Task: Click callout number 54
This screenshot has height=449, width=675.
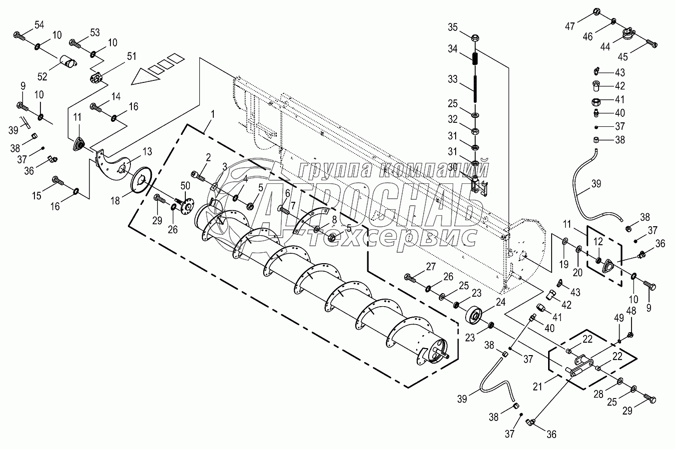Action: [x=39, y=25]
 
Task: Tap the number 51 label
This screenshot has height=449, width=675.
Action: [x=131, y=56]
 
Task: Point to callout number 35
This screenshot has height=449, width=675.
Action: [x=452, y=26]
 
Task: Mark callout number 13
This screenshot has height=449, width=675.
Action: [x=147, y=151]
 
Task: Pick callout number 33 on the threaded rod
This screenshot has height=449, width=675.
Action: [x=452, y=79]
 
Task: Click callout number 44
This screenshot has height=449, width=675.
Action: [x=605, y=46]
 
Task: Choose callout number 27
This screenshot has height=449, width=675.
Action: [x=431, y=267]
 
